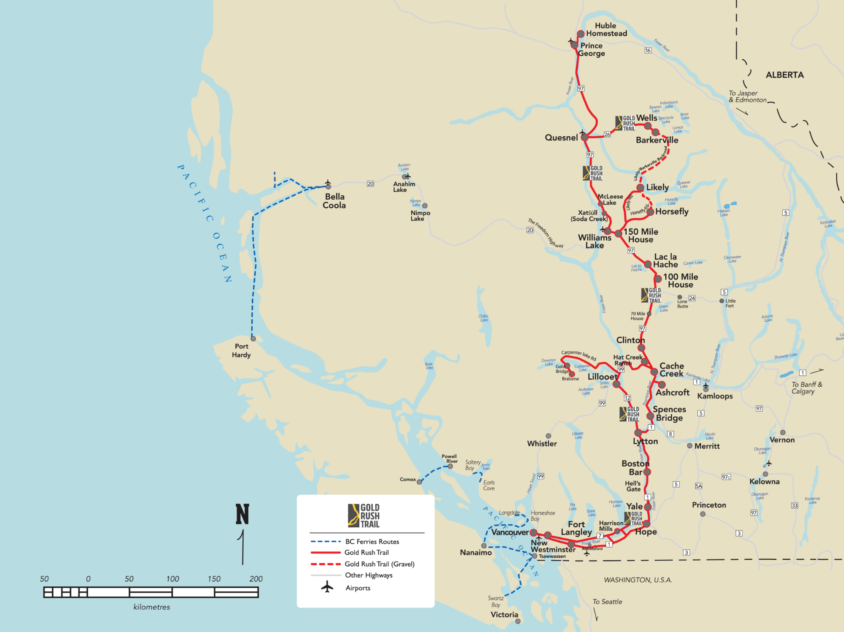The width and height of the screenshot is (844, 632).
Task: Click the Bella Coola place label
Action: (334, 201)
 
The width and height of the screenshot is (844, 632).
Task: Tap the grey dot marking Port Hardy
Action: (253, 339)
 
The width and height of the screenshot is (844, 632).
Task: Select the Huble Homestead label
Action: (606, 30)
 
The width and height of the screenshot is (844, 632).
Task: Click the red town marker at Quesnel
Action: (584, 137)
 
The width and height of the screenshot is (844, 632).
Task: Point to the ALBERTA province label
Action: (784, 75)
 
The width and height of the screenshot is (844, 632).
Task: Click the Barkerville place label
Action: (657, 140)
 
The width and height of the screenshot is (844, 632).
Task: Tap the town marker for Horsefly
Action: (650, 212)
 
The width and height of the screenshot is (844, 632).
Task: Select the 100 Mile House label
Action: (680, 281)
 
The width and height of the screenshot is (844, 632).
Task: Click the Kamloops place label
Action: (715, 396)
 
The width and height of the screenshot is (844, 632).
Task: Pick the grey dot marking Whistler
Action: (548, 436)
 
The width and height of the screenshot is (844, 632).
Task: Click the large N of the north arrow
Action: (242, 514)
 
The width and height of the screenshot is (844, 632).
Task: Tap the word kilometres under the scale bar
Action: (152, 607)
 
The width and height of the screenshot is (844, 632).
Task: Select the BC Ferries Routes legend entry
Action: (372, 542)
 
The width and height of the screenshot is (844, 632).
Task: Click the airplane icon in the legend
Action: (327, 587)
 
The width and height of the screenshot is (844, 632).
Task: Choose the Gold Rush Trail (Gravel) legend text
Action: (379, 564)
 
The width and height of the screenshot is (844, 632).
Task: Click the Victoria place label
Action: (504, 615)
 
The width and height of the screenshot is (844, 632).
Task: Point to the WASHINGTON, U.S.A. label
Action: (638, 580)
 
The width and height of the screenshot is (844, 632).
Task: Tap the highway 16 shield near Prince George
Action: (648, 51)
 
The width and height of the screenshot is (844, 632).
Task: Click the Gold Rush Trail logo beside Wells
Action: (625, 123)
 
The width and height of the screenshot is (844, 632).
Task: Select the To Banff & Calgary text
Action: (806, 388)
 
